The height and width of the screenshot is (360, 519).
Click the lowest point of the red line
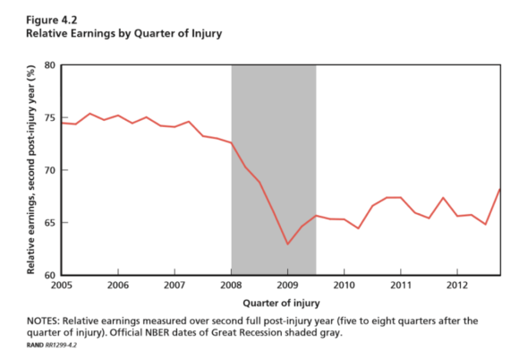[287, 244]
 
